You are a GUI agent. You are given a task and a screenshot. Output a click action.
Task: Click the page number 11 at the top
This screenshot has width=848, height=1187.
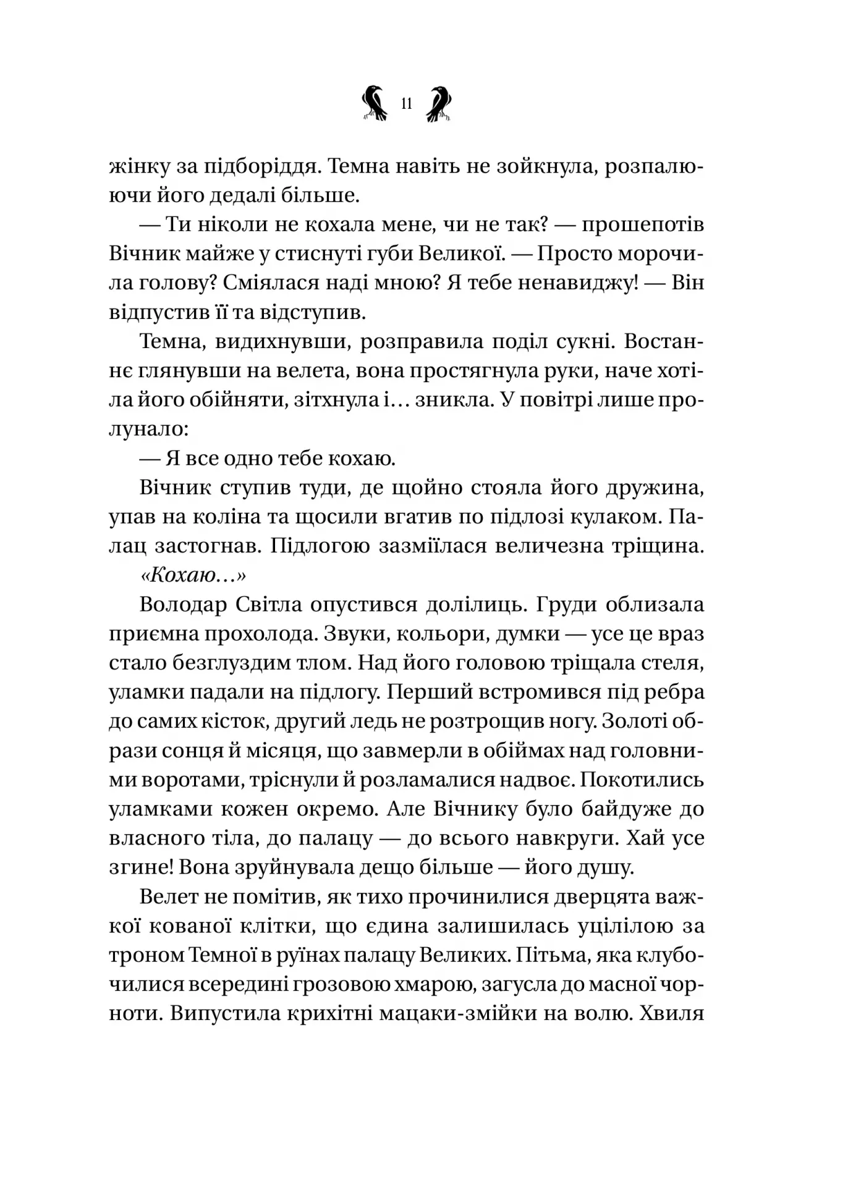(x=406, y=104)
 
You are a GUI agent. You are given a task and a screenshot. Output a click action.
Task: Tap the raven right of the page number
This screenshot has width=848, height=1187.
(x=439, y=102)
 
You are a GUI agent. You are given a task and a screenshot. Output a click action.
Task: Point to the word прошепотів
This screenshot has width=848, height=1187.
(x=643, y=225)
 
